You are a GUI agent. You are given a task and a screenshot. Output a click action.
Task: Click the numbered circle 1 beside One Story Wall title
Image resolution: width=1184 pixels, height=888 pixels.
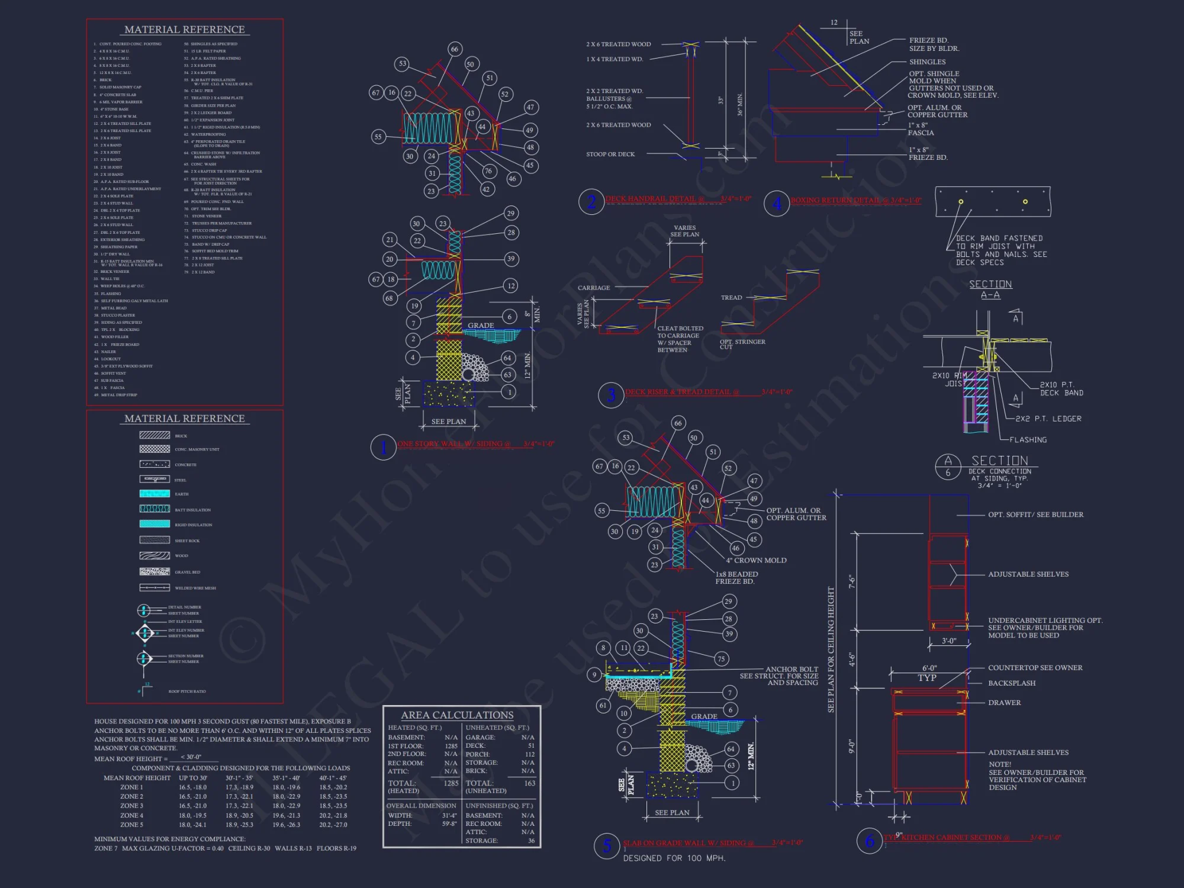coord(383,447)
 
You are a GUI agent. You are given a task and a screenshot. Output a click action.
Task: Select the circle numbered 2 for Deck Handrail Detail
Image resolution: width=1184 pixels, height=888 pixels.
coord(591,201)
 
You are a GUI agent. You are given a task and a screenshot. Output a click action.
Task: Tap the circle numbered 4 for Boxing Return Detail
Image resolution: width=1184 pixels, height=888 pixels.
coord(777,204)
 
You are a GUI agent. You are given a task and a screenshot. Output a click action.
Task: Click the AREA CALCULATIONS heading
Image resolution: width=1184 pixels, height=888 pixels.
coord(457,715)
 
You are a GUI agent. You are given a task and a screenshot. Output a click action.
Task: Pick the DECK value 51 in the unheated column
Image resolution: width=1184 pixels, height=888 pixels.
coord(531,746)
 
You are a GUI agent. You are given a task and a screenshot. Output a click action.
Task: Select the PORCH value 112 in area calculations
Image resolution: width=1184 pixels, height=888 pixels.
coord(529,754)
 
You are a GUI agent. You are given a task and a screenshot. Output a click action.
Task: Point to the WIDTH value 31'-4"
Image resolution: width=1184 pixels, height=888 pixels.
coord(449,815)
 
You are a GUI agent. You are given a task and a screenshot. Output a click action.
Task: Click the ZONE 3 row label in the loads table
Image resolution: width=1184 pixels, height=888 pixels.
coord(131,806)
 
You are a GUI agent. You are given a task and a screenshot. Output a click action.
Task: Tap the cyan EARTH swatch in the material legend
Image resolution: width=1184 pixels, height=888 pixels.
coord(155,494)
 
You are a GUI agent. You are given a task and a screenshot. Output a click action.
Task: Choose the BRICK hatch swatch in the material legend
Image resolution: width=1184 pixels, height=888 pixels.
coord(155,435)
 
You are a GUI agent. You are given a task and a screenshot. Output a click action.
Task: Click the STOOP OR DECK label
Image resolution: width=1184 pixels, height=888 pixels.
coord(610,155)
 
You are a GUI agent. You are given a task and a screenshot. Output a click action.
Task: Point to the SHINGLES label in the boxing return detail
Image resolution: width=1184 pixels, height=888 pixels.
coord(927,62)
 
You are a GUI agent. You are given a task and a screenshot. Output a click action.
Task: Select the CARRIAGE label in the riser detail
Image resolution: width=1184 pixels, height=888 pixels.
coord(594,288)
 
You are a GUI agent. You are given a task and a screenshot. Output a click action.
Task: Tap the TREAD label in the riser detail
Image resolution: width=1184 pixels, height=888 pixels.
coord(731,298)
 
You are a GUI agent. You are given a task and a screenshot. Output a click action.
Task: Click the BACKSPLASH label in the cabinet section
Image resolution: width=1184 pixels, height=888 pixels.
coord(1012,683)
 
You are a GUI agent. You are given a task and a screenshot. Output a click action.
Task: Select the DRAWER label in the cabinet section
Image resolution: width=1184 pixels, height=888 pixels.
coord(1004,703)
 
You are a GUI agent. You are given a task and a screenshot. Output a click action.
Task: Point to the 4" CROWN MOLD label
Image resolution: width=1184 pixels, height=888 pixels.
coord(756,560)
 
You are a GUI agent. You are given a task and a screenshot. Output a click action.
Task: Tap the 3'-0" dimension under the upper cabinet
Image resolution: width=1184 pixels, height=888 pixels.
coord(949,641)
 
